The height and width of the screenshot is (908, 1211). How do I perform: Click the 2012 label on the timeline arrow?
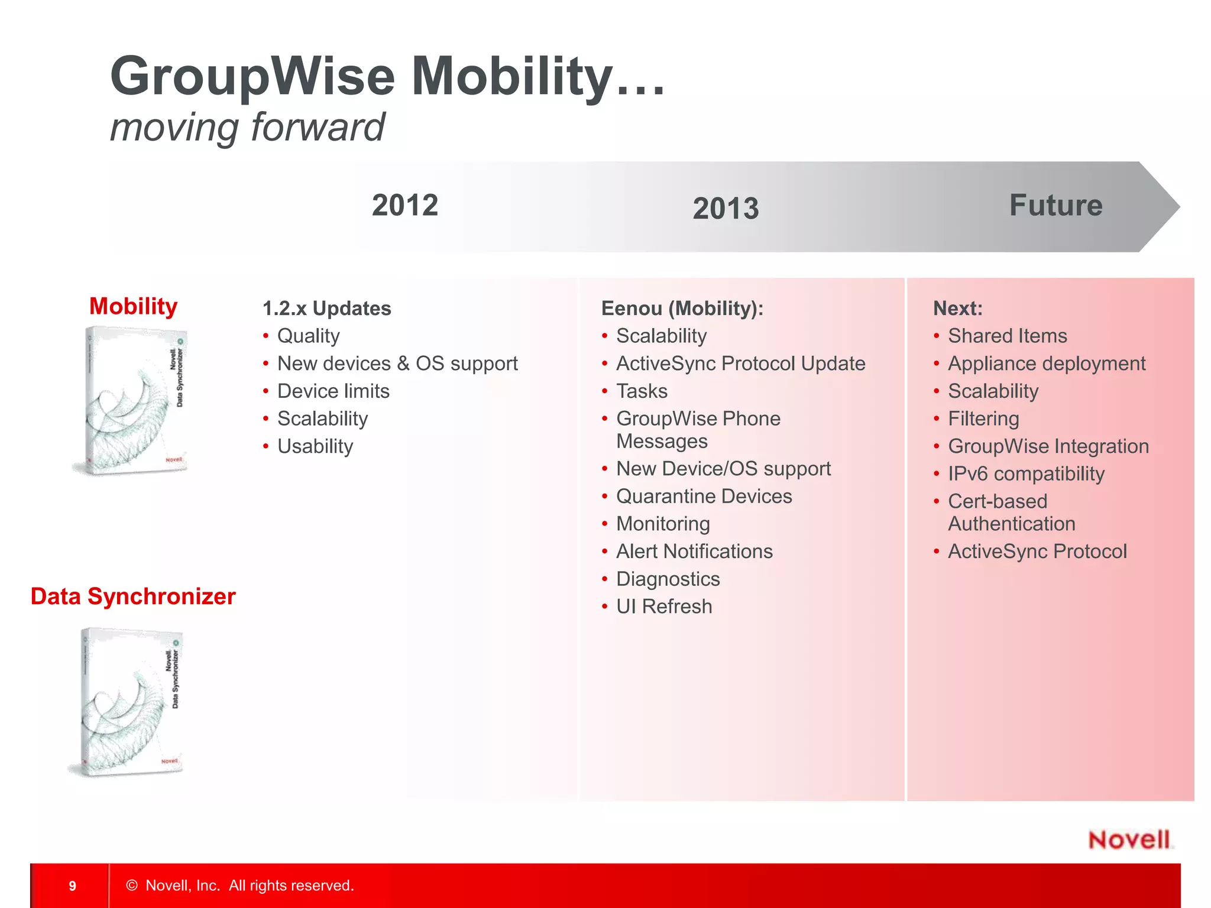[x=405, y=206]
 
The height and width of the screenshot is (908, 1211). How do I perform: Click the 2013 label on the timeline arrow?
[x=726, y=209]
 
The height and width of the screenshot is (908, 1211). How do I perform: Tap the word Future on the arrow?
[x=1055, y=206]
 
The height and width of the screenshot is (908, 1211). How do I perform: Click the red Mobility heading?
[x=133, y=306]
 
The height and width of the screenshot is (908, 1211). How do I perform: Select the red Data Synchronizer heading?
[x=133, y=596]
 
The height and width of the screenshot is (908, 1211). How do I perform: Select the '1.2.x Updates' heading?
[x=326, y=309]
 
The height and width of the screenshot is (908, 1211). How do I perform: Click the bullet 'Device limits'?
[x=333, y=391]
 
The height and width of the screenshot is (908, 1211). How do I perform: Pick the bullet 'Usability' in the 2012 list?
[x=315, y=446]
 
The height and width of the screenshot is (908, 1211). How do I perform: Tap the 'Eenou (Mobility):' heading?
[x=682, y=309]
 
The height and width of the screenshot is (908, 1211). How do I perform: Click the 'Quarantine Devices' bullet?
[x=704, y=497]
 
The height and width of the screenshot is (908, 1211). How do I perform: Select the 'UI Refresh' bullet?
[x=663, y=607]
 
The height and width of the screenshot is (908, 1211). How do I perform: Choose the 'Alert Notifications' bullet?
[x=694, y=552]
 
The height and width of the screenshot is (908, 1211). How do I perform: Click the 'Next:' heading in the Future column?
[x=957, y=309]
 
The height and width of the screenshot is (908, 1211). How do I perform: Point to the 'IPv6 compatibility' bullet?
[x=1026, y=474]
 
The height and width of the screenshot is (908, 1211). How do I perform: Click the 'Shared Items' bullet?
[x=1007, y=336]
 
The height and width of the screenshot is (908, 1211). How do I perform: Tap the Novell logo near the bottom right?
[x=1129, y=840]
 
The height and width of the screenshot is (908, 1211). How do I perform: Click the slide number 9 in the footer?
[x=72, y=886]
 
